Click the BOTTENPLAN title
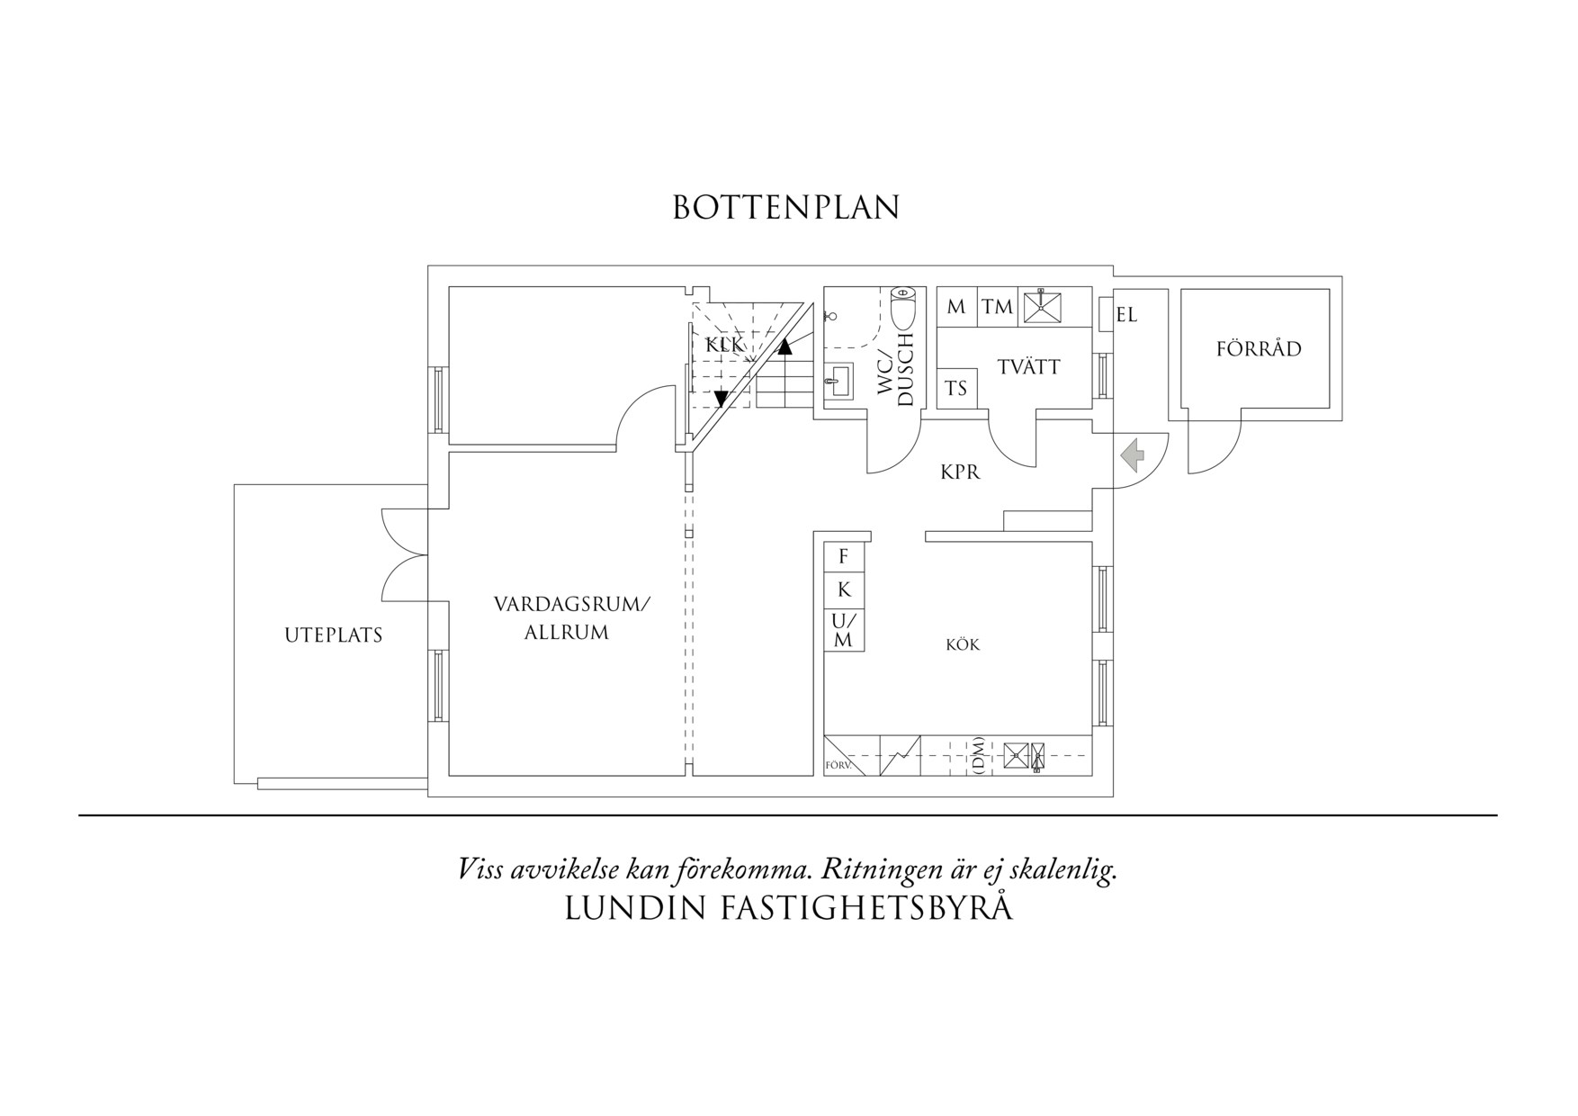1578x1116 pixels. pyautogui.click(x=786, y=208)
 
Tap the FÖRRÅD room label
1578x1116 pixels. pyautogui.click(x=1259, y=349)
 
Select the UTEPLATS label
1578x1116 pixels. pyautogui.click(x=334, y=635)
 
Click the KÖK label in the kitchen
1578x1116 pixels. pyautogui.click(x=963, y=645)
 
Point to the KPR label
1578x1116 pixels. pyautogui.click(x=960, y=472)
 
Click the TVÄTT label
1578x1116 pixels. pyautogui.click(x=1028, y=367)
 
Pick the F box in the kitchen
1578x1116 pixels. pyautogui.click(x=844, y=557)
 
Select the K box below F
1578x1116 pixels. pyautogui.click(x=844, y=589)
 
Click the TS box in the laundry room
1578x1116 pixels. pyautogui.click(x=955, y=389)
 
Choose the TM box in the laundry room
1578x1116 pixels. pyautogui.click(x=997, y=307)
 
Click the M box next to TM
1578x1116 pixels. pyautogui.click(x=956, y=307)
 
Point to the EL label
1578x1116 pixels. pyautogui.click(x=1126, y=316)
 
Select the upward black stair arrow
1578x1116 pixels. pyautogui.click(x=785, y=346)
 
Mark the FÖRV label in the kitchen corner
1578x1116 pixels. pyautogui.click(x=838, y=767)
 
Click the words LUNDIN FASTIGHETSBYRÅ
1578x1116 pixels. pyautogui.click(x=788, y=909)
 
